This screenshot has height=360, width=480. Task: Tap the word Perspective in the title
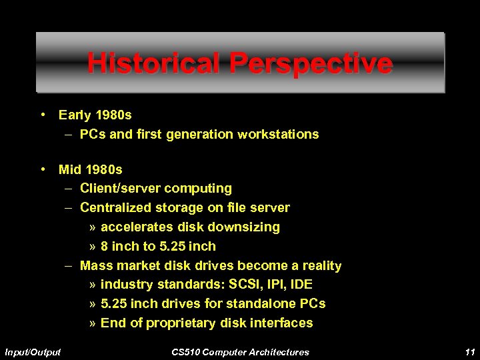(311, 64)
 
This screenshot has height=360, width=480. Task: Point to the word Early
(75, 115)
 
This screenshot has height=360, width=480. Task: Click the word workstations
(280, 135)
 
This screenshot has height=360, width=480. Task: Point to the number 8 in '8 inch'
(104, 247)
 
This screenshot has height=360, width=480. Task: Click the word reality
(319, 266)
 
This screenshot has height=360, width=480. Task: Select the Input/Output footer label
(33, 351)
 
